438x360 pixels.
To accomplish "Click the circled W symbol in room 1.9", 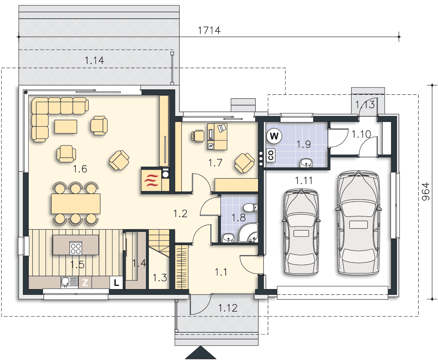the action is coord(274,136).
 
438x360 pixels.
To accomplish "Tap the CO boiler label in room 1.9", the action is coord(271,155).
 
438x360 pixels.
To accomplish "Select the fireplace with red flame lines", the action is coord(152,180).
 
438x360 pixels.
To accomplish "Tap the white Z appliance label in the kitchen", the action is coord(85,283).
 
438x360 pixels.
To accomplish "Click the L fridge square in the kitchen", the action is coord(116,283).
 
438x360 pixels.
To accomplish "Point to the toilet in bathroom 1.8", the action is coord(251,207).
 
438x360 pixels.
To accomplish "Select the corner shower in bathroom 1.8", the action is coord(248,233).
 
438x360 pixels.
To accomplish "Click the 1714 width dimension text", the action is coord(209,31).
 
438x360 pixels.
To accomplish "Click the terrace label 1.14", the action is coord(94,60).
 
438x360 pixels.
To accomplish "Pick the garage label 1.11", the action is coord(304,180).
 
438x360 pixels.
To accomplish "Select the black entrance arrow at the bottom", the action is coord(200,353).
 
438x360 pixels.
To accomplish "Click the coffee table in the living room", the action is coord(66,126).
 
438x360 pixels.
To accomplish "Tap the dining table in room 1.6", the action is coord(76,203).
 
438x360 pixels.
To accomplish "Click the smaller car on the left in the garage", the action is coord(301,232).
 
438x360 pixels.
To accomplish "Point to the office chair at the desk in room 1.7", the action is coord(198,136).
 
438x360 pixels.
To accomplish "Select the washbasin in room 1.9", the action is coord(306,163).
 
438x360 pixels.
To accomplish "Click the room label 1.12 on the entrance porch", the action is coord(228,308).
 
